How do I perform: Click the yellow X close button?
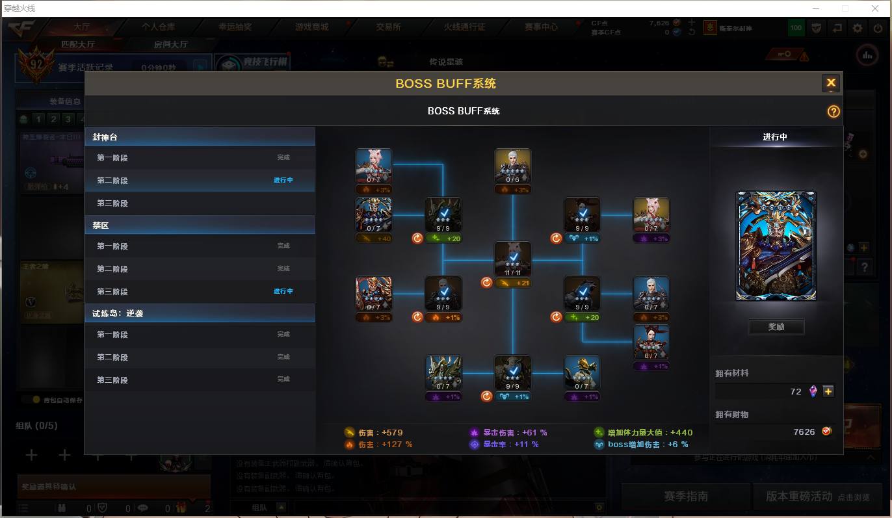coord(830,83)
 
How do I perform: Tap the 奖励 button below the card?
coord(776,327)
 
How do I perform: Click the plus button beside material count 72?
coord(828,391)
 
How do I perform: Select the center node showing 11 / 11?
coord(512,259)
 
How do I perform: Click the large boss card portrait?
coord(776,246)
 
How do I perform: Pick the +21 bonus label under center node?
coord(513,283)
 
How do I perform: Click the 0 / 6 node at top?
coord(512,166)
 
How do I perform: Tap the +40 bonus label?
coord(374,239)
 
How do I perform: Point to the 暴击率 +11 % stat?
coord(504,445)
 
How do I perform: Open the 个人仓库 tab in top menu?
coord(158,27)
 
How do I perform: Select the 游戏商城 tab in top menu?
coord(311,27)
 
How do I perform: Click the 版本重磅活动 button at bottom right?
coord(817,497)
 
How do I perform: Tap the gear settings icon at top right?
coord(858,28)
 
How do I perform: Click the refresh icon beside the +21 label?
coord(486,283)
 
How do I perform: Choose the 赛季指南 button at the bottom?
coord(685,497)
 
